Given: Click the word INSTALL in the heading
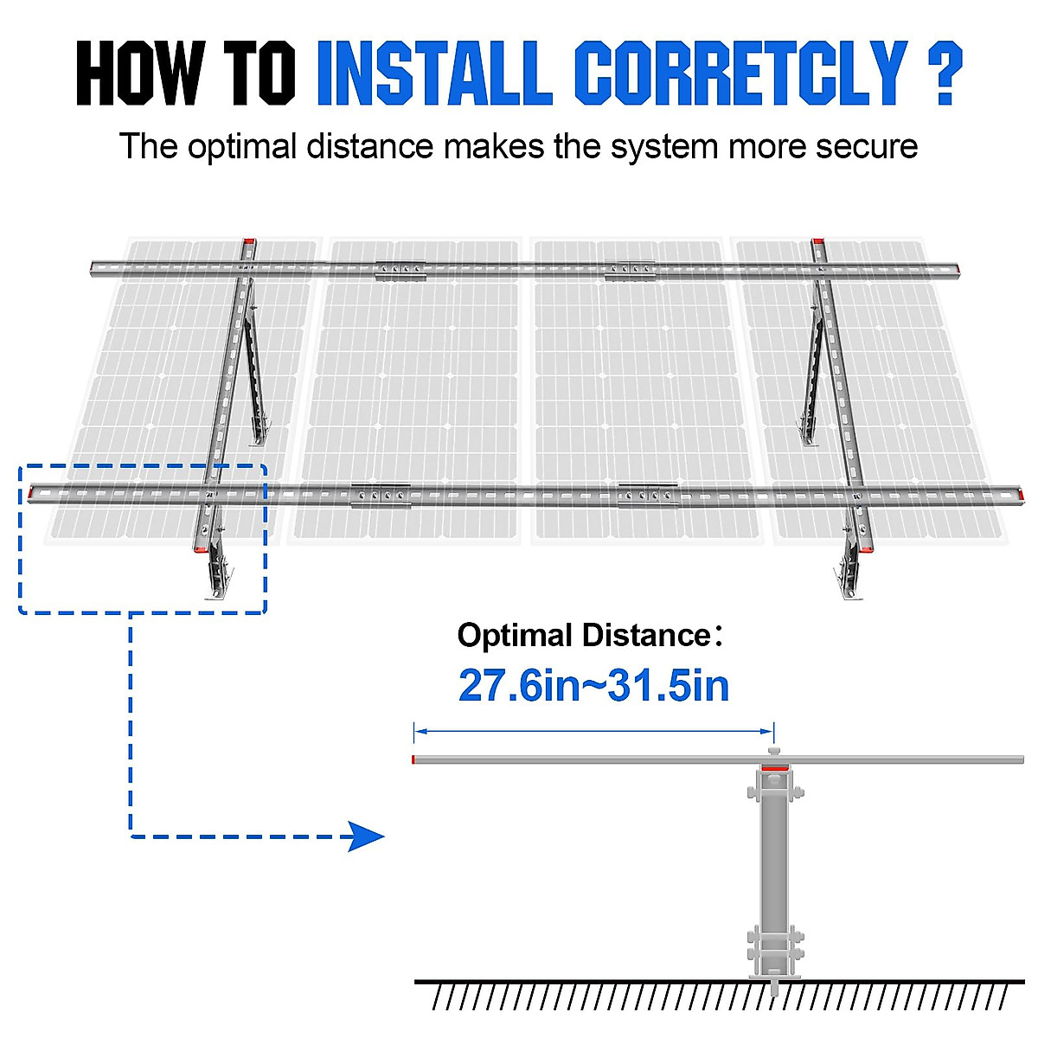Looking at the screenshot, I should pos(434,73).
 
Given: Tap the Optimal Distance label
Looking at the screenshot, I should pos(584,636).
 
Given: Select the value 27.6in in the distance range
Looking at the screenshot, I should pos(518,686).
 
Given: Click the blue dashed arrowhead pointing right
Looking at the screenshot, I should pos(367,836).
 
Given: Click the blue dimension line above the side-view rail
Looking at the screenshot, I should pos(593,732).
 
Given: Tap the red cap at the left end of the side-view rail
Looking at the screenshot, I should pos(414,759).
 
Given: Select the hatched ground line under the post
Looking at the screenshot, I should pos(718,995).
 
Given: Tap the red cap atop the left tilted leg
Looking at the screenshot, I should pos(249,242).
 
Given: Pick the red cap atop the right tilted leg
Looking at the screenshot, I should pos(817,242).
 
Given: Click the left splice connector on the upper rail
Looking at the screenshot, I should pos(400,271).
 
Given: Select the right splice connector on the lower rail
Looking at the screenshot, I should pos(648,496).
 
